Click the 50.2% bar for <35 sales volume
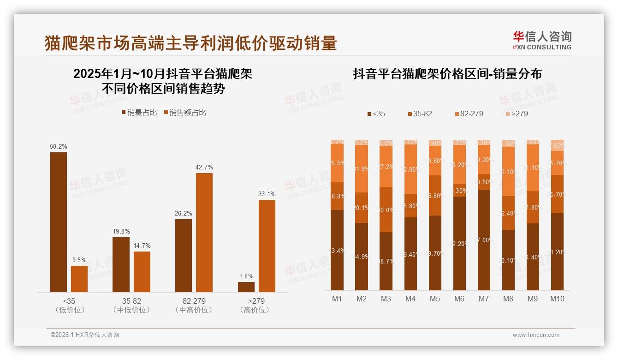[59, 222]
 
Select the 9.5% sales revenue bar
[79, 279]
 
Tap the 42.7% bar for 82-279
[204, 233]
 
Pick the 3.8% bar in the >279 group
[246, 287]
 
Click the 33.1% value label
[267, 194]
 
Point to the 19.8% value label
[121, 231]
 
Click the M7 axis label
[483, 299]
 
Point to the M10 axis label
[557, 299]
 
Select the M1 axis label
[337, 299]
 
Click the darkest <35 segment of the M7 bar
[483, 240]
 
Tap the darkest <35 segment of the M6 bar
[459, 243]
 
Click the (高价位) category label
[254, 310]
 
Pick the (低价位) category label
[70, 310]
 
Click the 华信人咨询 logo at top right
[542, 40]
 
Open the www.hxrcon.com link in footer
[536, 335]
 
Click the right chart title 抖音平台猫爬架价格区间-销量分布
[447, 74]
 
